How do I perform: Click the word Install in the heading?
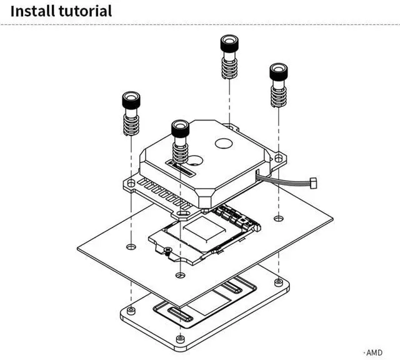pyautogui.click(x=32, y=11)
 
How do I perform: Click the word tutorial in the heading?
pyautogui.click(x=85, y=11)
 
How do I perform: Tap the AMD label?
pyautogui.click(x=374, y=353)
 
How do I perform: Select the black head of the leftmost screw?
pyautogui.click(x=131, y=100)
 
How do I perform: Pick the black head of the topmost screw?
pyautogui.click(x=229, y=43)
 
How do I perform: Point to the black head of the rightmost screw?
pyautogui.click(x=279, y=71)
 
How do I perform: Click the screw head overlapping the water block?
pyautogui.click(x=181, y=128)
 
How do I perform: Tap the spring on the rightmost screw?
pyautogui.click(x=279, y=96)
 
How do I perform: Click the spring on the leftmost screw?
pyautogui.click(x=131, y=125)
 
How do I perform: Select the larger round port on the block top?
pyautogui.click(x=224, y=143)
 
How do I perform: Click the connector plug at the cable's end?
pyautogui.click(x=313, y=182)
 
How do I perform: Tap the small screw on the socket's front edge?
pyautogui.click(x=167, y=250)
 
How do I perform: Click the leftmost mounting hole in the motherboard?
pyautogui.click(x=131, y=247)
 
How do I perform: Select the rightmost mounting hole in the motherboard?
pyautogui.click(x=279, y=218)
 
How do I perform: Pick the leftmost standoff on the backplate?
pyautogui.click(x=131, y=310)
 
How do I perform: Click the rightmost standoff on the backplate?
pyautogui.click(x=279, y=282)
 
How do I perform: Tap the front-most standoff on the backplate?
pyautogui.click(x=181, y=339)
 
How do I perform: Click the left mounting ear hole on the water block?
pyautogui.click(x=131, y=183)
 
